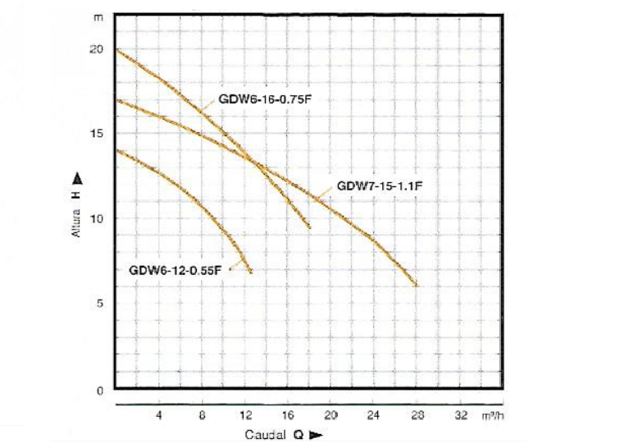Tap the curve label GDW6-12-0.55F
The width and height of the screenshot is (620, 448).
click(x=176, y=269)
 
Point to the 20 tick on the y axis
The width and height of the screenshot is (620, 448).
click(x=97, y=49)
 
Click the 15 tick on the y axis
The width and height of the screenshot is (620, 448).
click(x=97, y=134)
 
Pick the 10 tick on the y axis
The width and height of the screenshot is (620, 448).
click(x=97, y=218)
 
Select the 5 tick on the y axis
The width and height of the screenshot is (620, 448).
click(x=98, y=303)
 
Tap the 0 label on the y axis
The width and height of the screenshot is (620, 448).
click(x=99, y=391)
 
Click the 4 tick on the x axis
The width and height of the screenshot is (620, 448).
click(x=159, y=415)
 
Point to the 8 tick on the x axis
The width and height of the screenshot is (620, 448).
click(x=202, y=415)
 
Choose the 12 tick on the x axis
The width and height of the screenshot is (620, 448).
click(x=244, y=415)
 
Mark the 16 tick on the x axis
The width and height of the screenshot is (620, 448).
click(x=288, y=415)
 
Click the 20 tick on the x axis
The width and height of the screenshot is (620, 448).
click(x=331, y=415)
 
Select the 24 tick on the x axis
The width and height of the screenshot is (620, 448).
click(x=374, y=415)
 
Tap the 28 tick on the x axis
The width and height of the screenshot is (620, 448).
click(x=417, y=415)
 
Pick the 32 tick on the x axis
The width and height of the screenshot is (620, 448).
click(x=461, y=415)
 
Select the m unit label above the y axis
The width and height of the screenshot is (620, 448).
click(x=100, y=17)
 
